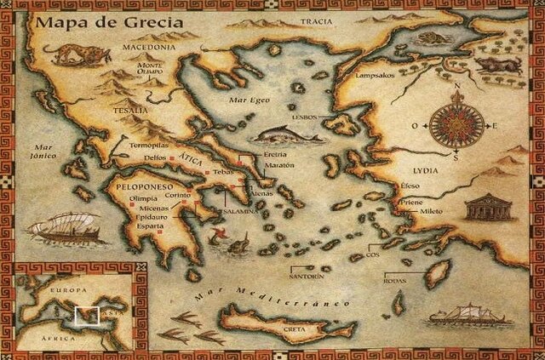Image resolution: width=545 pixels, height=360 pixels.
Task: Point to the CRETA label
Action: pos(295,328)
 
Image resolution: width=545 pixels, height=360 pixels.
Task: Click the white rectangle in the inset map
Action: pos(86,317)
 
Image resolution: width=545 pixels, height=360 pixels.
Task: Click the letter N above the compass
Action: pos(457,87)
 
